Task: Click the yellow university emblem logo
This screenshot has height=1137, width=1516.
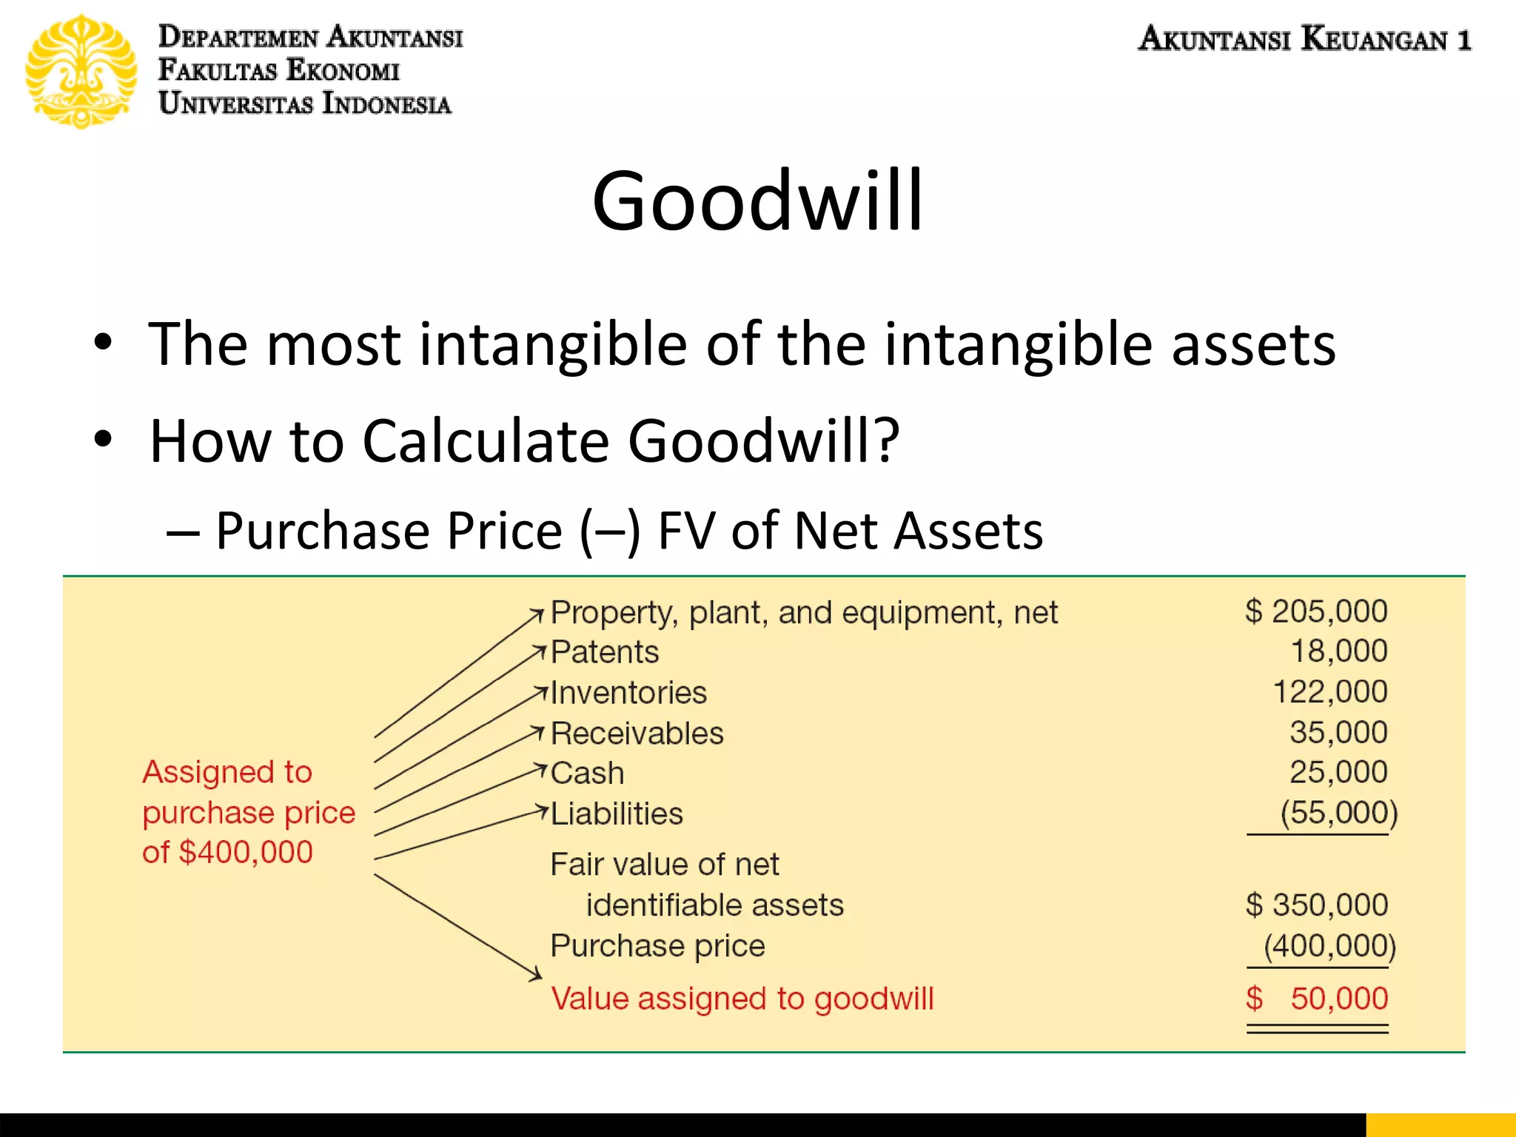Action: [x=81, y=71]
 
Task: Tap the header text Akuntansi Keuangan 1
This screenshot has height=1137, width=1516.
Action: [x=1304, y=38]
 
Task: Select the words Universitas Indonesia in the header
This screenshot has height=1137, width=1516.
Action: [x=305, y=104]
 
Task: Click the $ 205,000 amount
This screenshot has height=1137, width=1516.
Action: [x=1316, y=611]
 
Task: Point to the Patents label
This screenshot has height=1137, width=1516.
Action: [x=605, y=652]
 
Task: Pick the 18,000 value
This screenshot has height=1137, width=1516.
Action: [x=1338, y=651]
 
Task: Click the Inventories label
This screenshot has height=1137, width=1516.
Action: [x=628, y=693]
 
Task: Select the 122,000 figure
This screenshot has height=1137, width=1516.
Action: [x=1329, y=692]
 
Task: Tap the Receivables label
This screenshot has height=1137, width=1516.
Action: [x=637, y=734]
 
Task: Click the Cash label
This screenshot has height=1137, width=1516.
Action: [x=588, y=774]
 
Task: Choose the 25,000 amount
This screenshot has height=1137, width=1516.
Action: [x=1338, y=772]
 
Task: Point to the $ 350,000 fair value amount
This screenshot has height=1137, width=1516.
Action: [x=1316, y=905]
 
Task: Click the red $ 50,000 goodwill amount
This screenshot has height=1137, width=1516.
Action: [x=1316, y=999]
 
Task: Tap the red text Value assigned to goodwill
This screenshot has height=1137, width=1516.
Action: [x=742, y=999]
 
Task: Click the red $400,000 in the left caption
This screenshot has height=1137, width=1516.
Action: [x=246, y=852]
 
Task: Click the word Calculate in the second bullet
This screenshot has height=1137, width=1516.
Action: [x=486, y=441]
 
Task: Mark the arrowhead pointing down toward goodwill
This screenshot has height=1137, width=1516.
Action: [x=537, y=975]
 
